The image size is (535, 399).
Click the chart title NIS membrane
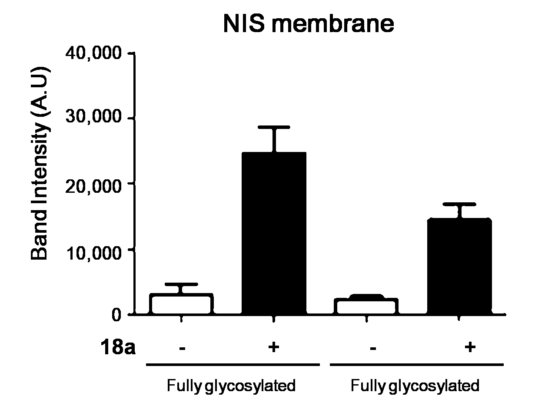pyautogui.click(x=308, y=24)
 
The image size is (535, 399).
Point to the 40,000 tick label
pyautogui.click(x=93, y=53)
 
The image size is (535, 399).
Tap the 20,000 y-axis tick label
pyautogui.click(x=93, y=186)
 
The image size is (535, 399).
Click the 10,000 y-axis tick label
pyautogui.click(x=93, y=253)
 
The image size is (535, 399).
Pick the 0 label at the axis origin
pyautogui.click(x=116, y=315)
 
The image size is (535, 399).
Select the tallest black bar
pyautogui.click(x=274, y=233)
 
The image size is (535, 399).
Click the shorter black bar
pyautogui.click(x=459, y=266)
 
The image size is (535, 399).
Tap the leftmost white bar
pyautogui.click(x=181, y=304)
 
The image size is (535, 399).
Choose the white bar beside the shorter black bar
pyautogui.click(x=366, y=306)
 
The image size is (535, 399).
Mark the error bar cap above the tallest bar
pyautogui.click(x=274, y=127)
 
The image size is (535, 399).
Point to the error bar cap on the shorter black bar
pyautogui.click(x=459, y=204)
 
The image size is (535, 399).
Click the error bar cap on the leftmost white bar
pyautogui.click(x=181, y=284)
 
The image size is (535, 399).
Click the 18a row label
pyautogui.click(x=118, y=347)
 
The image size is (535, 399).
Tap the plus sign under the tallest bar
pyautogui.click(x=273, y=347)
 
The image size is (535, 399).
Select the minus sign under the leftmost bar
pyautogui.click(x=182, y=348)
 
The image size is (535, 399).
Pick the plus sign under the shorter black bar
pyautogui.click(x=470, y=347)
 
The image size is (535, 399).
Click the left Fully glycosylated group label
pyautogui.click(x=231, y=386)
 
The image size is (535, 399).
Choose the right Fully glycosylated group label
pyautogui.click(x=415, y=386)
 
